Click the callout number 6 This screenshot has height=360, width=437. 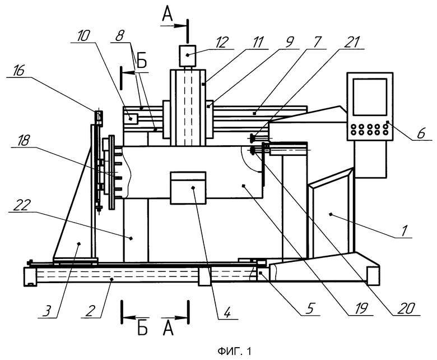tap(421, 133)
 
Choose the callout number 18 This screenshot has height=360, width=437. tap(23, 141)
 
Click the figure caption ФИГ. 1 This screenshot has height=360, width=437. tap(234, 351)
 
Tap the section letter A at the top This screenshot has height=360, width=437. tap(168, 14)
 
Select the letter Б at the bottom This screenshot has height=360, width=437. tap(142, 329)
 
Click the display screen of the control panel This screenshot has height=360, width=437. tap(370, 97)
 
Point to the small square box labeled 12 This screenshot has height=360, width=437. tap(187, 56)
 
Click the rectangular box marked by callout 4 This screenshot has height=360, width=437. tap(188, 188)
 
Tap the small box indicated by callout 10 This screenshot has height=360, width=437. tap(131, 119)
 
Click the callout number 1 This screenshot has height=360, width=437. tap(405, 230)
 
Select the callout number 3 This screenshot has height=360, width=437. tap(48, 311)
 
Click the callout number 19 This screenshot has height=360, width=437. tap(361, 308)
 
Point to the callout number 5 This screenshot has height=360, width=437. tap(310, 308)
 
